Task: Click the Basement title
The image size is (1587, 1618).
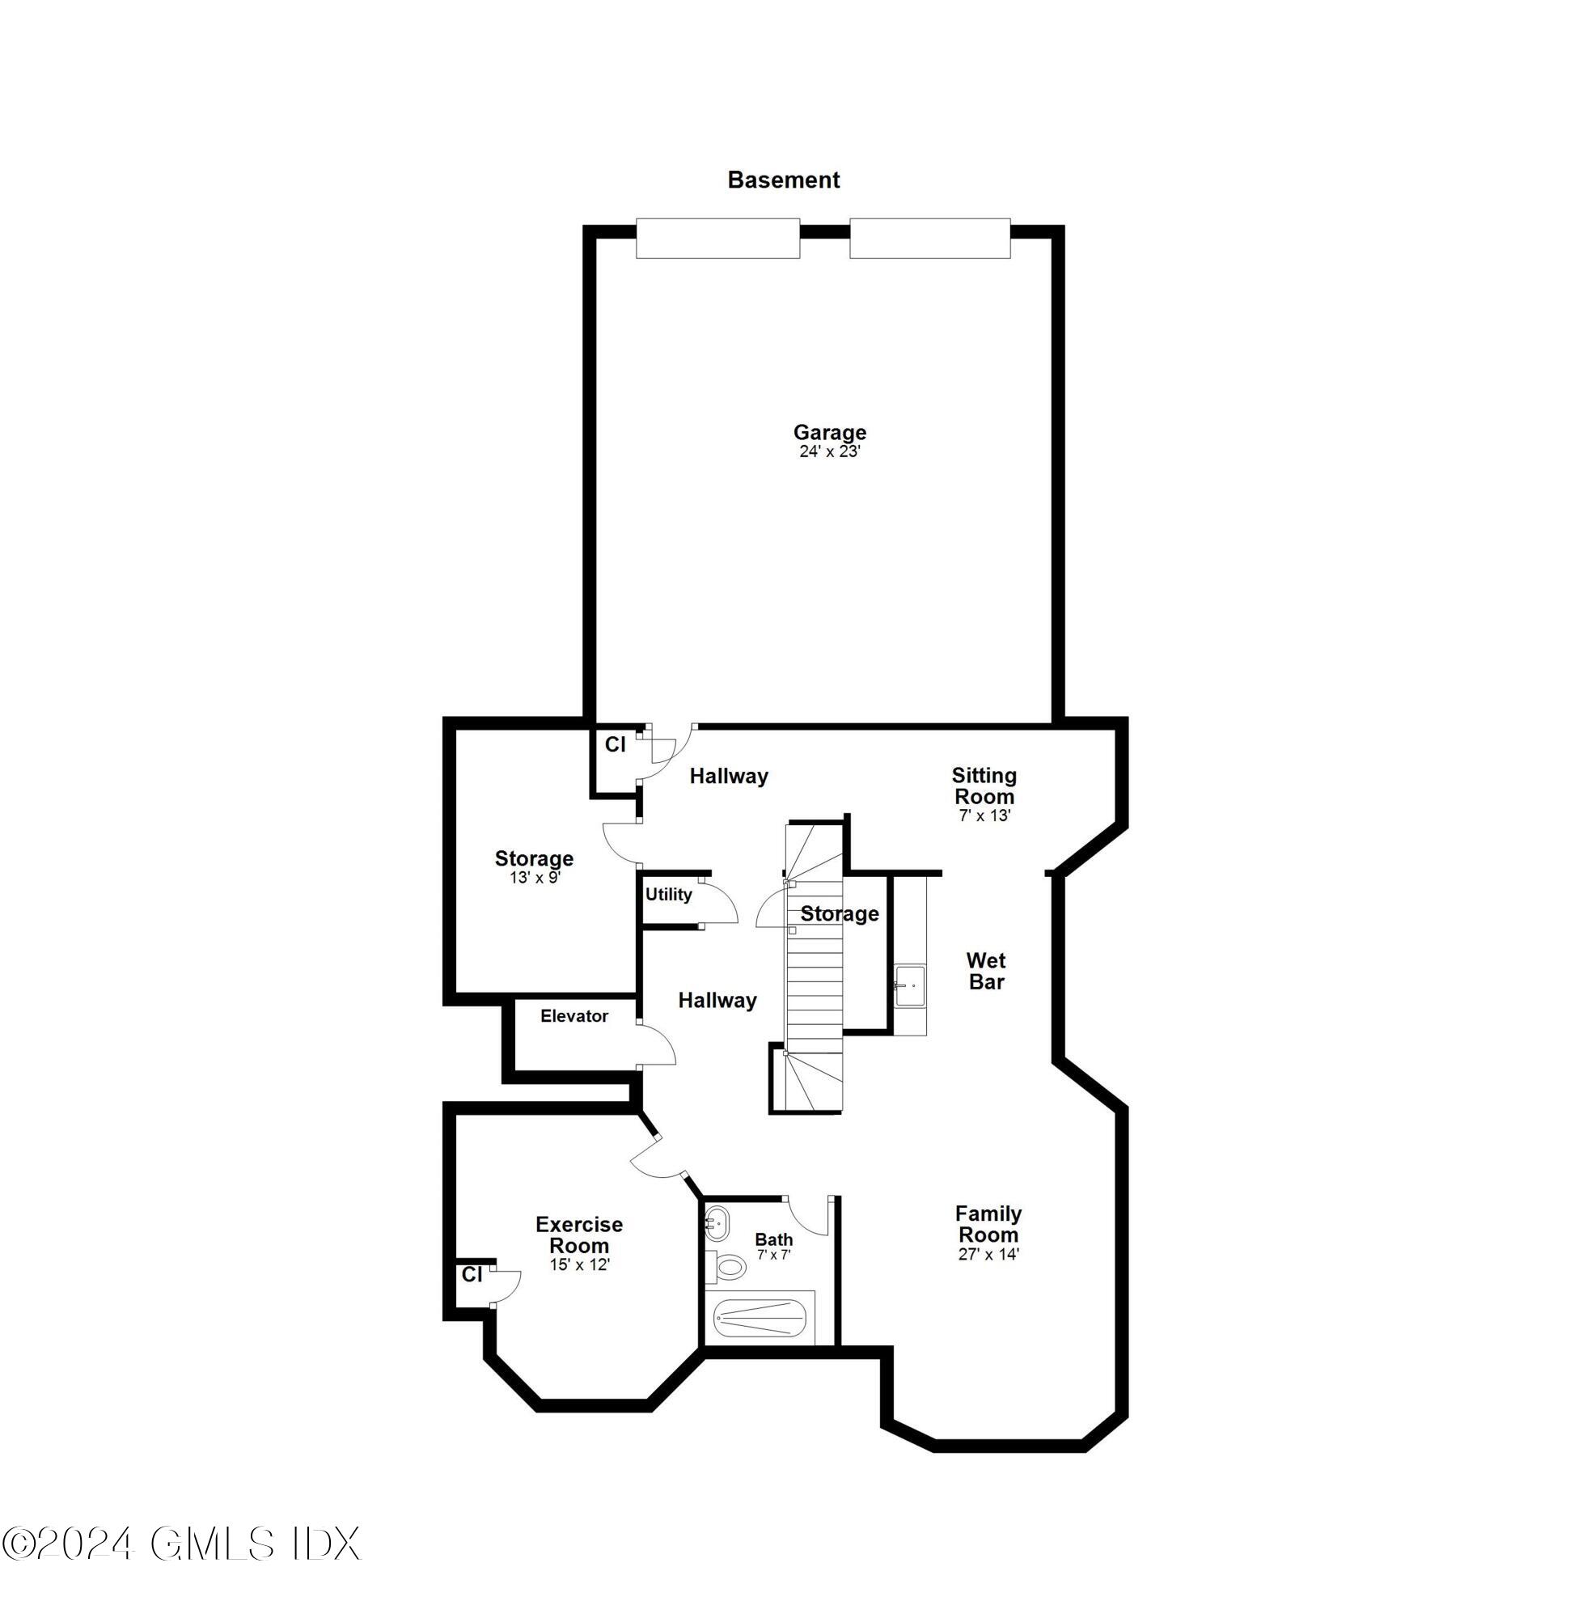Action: coord(783,180)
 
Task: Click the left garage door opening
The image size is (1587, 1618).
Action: coord(717,239)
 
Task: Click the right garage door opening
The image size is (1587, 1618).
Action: coord(929,239)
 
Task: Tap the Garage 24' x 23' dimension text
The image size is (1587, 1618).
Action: coord(829,451)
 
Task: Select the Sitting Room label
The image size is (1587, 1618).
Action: coord(984,786)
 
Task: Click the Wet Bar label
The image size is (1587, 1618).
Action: coord(986,971)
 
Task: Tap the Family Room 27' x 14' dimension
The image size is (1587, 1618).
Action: coord(988,1254)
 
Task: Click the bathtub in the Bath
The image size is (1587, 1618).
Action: coord(760,1318)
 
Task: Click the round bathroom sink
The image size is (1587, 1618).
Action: coord(717,1225)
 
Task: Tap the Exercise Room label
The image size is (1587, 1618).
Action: coord(579,1235)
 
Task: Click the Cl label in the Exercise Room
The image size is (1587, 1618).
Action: coord(472,1274)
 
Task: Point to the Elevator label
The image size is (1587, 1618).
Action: coord(574,1016)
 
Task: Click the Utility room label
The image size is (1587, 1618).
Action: coord(668,895)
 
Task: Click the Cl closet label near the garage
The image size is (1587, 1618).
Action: coord(615,744)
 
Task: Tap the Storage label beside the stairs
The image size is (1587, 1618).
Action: coord(840,913)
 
